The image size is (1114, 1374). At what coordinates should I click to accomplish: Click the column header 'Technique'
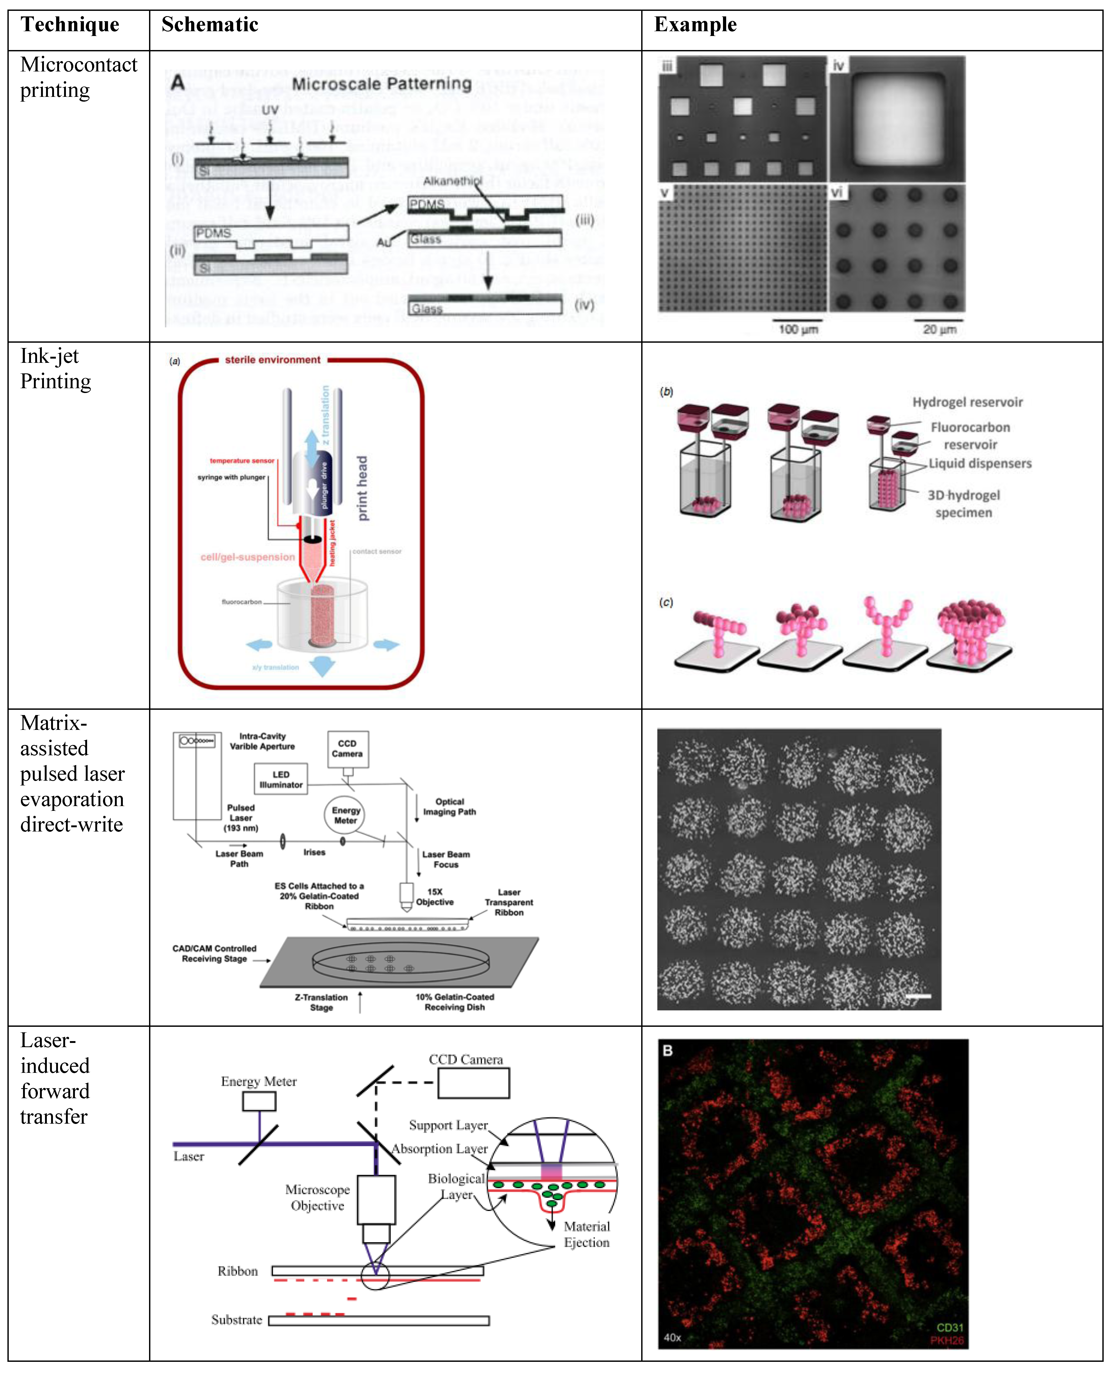(70, 25)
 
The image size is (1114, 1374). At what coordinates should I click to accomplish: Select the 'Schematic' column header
(210, 25)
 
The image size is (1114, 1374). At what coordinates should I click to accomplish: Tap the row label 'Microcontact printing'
(78, 77)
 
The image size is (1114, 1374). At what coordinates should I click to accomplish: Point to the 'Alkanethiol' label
(452, 182)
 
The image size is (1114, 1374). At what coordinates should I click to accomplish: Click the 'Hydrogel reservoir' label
(967, 402)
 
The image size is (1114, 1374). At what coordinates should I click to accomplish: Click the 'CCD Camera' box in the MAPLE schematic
(347, 749)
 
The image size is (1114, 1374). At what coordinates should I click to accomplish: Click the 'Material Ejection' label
(587, 1234)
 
